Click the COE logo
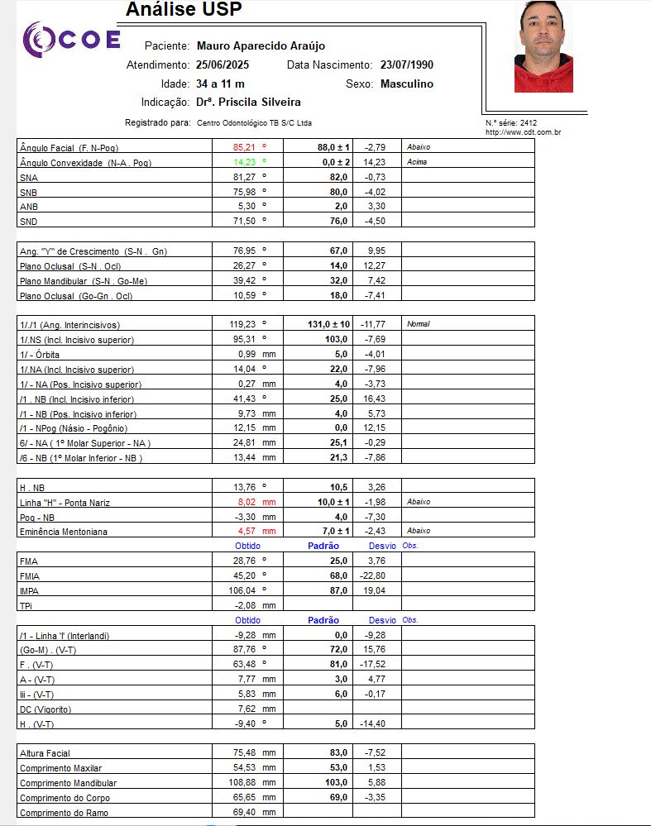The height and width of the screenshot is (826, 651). tap(71, 40)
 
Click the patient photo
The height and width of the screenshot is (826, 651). tap(543, 47)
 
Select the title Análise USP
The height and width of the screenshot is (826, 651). tap(184, 10)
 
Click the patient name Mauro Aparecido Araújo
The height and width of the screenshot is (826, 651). tap(261, 46)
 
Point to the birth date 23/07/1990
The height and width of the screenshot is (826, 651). tap(407, 64)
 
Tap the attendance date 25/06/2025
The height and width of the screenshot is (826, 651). tap(223, 64)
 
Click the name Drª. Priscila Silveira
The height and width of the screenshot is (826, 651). tap(248, 103)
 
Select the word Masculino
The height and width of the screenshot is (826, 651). tap(406, 84)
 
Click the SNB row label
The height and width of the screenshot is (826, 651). tap(29, 192)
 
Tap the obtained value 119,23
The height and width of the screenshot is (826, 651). tap(247, 324)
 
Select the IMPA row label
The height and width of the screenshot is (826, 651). tap(29, 591)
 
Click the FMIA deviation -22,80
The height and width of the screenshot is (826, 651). tap(373, 575)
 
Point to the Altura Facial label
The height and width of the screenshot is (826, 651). tap(45, 753)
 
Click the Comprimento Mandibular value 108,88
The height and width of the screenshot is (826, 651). tap(247, 783)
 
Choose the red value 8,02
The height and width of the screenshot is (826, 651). tap(249, 502)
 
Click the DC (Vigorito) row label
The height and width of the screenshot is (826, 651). tap(45, 709)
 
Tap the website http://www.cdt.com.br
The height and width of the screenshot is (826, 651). tap(524, 132)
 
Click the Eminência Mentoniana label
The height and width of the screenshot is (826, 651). tap(63, 532)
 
